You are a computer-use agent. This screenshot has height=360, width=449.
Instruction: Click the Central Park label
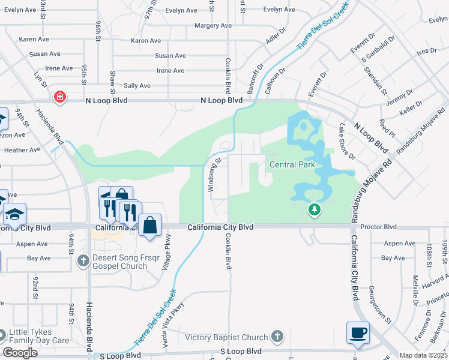coord(292,164)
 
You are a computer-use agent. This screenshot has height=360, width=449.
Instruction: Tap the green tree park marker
coord(313,209)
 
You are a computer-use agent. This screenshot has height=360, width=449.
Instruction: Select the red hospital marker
coord(59,97)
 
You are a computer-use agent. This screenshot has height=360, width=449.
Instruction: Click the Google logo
coord(20,353)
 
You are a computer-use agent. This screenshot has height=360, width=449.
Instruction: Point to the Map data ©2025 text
coord(424,355)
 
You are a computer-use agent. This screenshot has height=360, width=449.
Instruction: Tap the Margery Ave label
coord(213,26)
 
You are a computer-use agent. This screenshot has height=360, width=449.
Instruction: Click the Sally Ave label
coord(137,86)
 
